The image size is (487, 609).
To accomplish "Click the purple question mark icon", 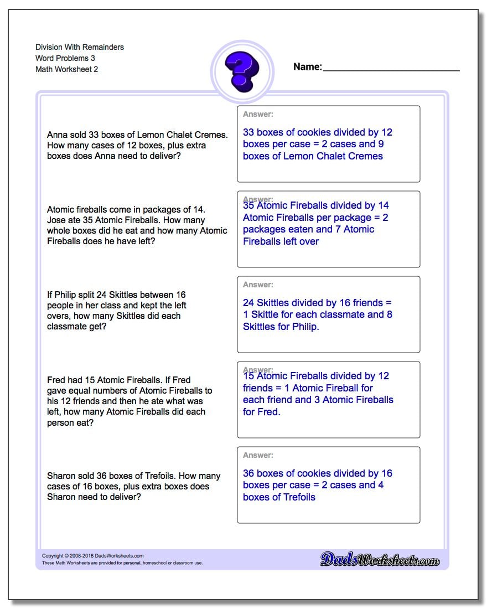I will (242, 71).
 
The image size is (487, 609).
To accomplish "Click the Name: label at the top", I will (307, 67).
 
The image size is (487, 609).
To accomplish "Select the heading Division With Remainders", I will (80, 47).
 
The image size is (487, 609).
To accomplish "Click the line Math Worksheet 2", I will (66, 69).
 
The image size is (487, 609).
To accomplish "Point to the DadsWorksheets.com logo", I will (380, 560).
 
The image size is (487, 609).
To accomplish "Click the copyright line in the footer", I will (92, 556).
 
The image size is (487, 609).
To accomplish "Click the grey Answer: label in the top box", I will (258, 114).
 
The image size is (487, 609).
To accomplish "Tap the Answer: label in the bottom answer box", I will (258, 455).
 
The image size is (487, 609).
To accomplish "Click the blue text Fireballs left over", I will (281, 241).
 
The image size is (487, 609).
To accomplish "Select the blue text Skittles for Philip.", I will (281, 327).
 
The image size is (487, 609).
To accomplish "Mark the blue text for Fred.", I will (261, 412).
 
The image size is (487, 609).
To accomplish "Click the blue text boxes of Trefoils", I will (279, 497).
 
